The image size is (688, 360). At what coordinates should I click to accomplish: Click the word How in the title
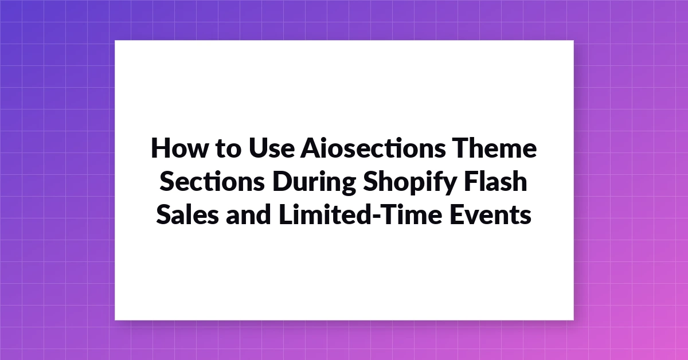179,148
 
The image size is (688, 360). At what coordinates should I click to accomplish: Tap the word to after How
229,148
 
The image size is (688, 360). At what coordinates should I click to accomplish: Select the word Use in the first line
272,148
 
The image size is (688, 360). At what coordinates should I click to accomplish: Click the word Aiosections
373,148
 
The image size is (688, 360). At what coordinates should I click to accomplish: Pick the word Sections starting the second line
212,181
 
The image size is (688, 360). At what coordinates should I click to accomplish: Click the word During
314,183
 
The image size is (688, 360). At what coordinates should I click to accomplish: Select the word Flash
495,181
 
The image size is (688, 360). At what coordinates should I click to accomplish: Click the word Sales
187,214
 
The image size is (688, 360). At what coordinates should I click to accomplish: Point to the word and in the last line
248,214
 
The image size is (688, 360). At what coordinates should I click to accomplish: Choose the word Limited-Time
361,214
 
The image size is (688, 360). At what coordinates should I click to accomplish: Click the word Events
491,214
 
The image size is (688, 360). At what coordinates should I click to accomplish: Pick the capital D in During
283,181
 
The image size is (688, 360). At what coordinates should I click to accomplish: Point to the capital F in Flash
471,181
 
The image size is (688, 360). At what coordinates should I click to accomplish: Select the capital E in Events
457,214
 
